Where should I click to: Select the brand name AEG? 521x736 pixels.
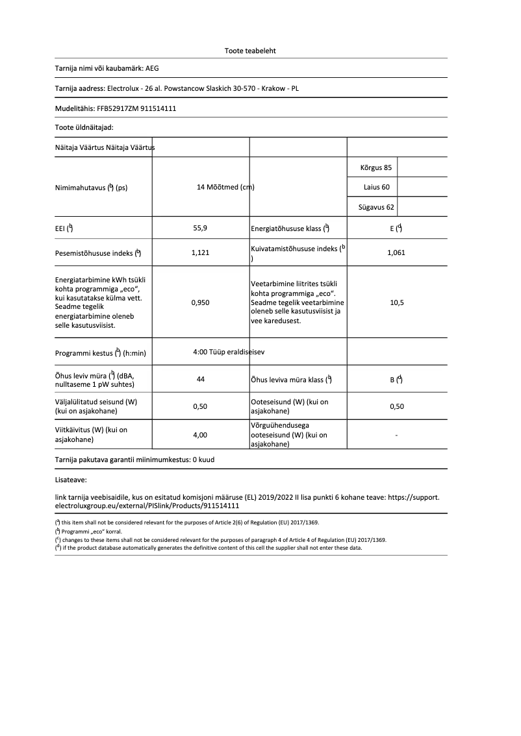(151, 67)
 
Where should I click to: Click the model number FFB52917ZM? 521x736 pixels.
(120, 108)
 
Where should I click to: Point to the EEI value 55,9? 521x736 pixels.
(201, 228)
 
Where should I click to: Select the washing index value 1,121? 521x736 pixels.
(201, 252)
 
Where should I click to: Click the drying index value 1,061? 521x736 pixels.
(396, 252)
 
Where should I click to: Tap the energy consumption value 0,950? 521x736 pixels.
(201, 302)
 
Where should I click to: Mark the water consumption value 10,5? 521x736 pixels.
(396, 302)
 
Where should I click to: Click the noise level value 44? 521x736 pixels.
(201, 379)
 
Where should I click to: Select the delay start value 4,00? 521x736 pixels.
(201, 435)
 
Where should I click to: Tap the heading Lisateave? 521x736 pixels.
(71, 481)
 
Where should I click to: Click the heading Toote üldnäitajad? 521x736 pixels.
(84, 128)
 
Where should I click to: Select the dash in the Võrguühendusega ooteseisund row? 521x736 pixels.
(396, 435)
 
